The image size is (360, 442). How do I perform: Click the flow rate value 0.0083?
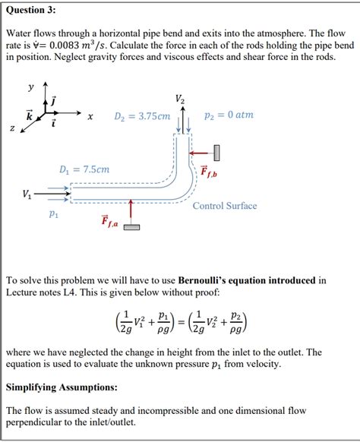(x=73, y=46)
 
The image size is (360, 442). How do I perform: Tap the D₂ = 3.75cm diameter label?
(x=142, y=116)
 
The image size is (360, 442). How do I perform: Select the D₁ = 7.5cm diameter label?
(x=84, y=169)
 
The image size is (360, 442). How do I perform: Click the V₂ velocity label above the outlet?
(x=179, y=99)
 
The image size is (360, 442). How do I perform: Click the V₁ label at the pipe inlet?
(x=27, y=194)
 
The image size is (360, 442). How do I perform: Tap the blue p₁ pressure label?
(x=52, y=215)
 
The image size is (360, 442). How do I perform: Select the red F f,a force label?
(x=109, y=221)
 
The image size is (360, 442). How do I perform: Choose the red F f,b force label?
(x=210, y=173)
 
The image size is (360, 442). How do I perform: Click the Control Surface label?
(x=224, y=206)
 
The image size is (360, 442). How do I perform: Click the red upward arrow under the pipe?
(x=131, y=212)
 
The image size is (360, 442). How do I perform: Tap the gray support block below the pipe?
(x=131, y=227)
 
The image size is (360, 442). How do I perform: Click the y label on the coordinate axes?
(x=31, y=87)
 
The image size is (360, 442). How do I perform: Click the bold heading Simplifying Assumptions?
(x=62, y=387)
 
